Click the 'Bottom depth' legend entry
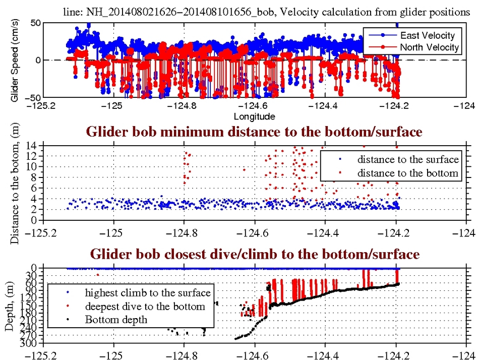tap(116, 319)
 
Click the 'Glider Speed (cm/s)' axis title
tap(15, 60)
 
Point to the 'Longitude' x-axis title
tap(254, 117)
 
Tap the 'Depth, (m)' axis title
tap(11, 306)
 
